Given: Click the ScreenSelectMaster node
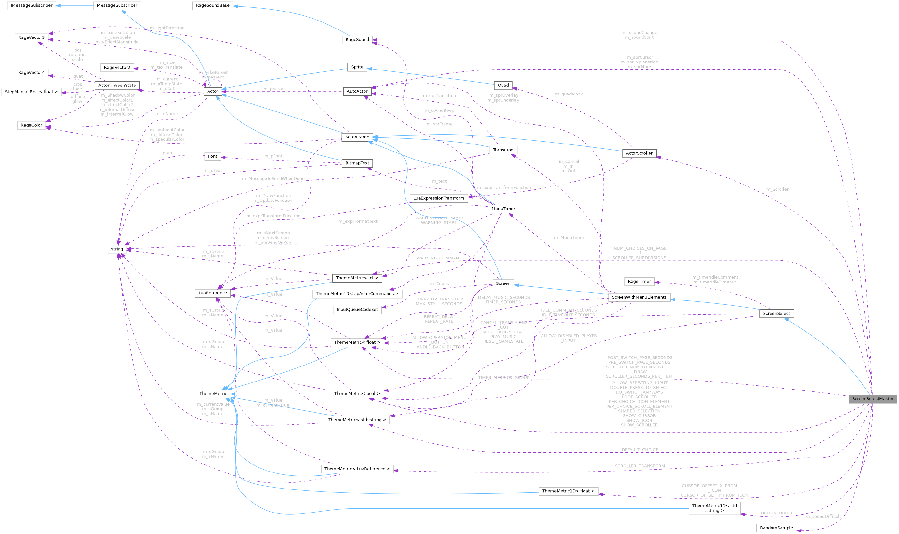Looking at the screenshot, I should pyautogui.click(x=872, y=399).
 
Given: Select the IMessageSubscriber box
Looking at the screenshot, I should pyautogui.click(x=32, y=6).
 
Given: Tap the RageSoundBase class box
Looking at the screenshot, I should pyautogui.click(x=213, y=6).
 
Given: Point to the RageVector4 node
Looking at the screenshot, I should pyautogui.click(x=31, y=73).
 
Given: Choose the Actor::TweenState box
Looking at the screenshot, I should pyautogui.click(x=117, y=86).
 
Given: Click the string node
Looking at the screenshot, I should pyautogui.click(x=117, y=249).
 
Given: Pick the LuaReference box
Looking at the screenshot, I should pyautogui.click(x=213, y=293).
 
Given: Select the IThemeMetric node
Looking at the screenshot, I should pyautogui.click(x=213, y=394).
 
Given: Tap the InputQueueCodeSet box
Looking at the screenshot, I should pyautogui.click(x=357, y=309).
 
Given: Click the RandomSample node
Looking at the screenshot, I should pyautogui.click(x=776, y=528).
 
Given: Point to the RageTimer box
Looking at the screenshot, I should pyautogui.click(x=639, y=281).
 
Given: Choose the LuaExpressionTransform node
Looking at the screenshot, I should pyautogui.click(x=438, y=198).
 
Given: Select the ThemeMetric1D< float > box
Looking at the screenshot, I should pyautogui.click(x=568, y=491).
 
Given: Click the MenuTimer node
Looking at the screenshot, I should pyautogui.click(x=503, y=209).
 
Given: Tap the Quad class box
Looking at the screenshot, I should pyautogui.click(x=503, y=85).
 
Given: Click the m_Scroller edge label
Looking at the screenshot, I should pyautogui.click(x=777, y=189).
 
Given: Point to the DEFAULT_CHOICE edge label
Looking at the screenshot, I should pyautogui.click(x=640, y=450).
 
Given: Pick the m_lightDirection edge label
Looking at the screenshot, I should pyautogui.click(x=167, y=28).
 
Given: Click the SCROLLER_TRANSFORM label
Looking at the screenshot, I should pyautogui.click(x=639, y=466).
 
